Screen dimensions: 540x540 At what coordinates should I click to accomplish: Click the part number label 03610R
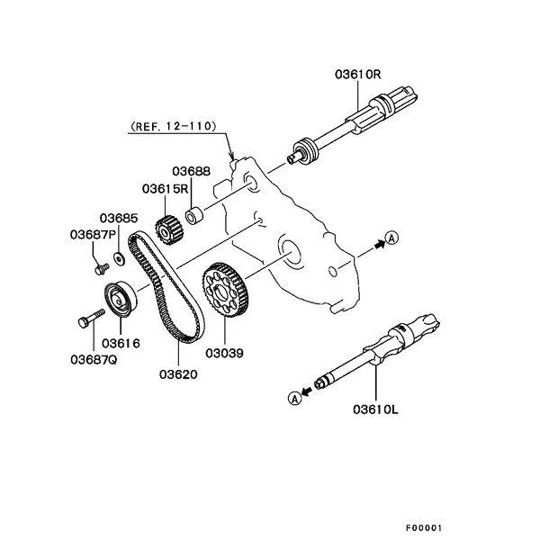coord(358,75)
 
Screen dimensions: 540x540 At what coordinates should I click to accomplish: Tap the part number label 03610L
coord(375,409)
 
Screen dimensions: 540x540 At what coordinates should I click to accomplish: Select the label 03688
coord(191,171)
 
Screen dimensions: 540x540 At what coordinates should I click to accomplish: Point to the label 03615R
coord(166,189)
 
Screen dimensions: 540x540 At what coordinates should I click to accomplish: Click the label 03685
coord(119,218)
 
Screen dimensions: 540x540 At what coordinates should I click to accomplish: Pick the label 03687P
coord(93,235)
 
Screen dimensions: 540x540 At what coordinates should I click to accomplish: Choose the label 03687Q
coord(94,359)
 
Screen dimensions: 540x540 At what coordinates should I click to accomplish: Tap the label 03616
coord(121,344)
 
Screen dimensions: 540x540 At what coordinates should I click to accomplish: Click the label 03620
coord(178,374)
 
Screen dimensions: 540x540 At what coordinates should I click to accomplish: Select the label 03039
coord(224,353)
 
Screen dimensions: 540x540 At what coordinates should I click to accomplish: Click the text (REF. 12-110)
coord(173,126)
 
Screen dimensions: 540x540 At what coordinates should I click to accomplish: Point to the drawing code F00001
coord(423,527)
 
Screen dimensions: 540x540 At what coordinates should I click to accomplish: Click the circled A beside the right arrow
coord(391,238)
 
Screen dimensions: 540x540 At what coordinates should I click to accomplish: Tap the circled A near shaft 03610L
coord(294,399)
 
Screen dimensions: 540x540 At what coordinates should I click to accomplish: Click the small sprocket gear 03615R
coord(169,230)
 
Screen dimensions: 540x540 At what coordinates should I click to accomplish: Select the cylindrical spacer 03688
coord(194,215)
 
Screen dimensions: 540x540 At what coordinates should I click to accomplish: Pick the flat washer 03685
coord(119,259)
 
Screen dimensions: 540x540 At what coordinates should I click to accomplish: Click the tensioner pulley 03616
coord(121,298)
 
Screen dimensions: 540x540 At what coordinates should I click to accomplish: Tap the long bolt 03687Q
coord(91,318)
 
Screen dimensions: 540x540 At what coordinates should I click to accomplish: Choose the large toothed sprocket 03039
coord(225,290)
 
